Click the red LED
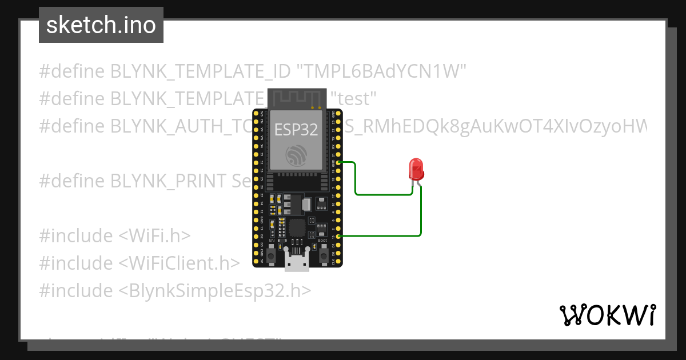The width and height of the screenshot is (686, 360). click(x=416, y=170)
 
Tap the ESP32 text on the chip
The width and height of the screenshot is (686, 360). click(x=296, y=130)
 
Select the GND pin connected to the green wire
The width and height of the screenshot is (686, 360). click(x=340, y=162)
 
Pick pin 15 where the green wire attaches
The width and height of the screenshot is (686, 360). click(x=340, y=236)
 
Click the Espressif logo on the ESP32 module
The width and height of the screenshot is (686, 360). click(x=297, y=155)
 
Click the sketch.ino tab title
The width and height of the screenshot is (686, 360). click(x=101, y=25)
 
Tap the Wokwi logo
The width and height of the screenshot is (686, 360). click(x=607, y=315)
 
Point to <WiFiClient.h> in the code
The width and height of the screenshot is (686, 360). click(x=179, y=263)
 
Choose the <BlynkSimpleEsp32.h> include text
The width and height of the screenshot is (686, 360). click(x=215, y=290)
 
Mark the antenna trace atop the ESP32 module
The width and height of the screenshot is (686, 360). click(x=297, y=99)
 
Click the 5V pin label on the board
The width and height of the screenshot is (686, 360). click(x=261, y=261)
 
